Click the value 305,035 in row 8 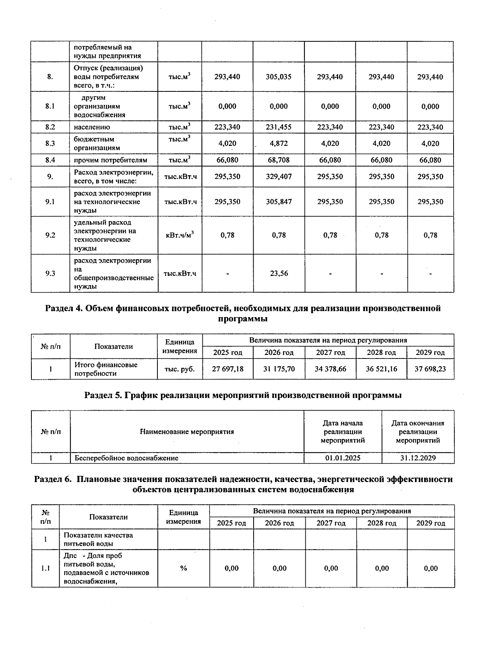click(x=278, y=77)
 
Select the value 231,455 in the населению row click(x=278, y=127)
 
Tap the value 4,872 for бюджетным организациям click(x=278, y=143)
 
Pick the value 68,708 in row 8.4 click(x=278, y=160)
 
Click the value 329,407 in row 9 click(x=278, y=176)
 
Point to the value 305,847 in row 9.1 click(x=278, y=201)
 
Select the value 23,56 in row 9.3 click(x=278, y=273)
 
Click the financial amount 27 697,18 click(x=227, y=369)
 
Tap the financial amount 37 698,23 click(x=430, y=369)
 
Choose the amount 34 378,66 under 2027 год click(x=330, y=369)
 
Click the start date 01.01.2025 click(x=343, y=458)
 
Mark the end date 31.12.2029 click(x=418, y=458)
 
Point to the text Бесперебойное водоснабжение click(x=126, y=458)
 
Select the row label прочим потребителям click(x=111, y=160)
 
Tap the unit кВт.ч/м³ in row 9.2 click(x=180, y=235)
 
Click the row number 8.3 click(x=50, y=143)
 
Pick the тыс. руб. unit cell click(x=180, y=369)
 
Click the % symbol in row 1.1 click(x=183, y=568)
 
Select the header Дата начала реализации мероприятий click(x=343, y=432)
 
